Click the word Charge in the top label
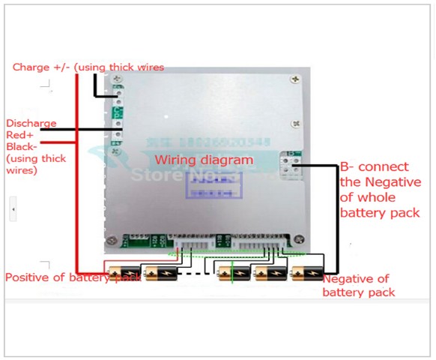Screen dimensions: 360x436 (31, 67)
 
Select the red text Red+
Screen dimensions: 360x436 (20, 135)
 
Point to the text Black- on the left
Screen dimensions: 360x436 (22, 147)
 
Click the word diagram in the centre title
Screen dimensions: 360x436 (227, 160)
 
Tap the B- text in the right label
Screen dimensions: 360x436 (348, 166)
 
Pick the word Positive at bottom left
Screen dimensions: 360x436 (27, 277)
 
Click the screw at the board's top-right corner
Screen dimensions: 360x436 (298, 78)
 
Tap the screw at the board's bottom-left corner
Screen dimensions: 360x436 (112, 241)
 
